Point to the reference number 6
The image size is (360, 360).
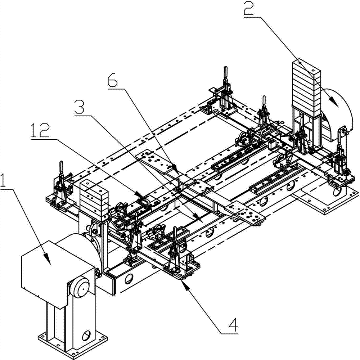[x=112, y=79]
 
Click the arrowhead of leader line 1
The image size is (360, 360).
[x=49, y=262]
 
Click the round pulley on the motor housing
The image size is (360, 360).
[x=81, y=288]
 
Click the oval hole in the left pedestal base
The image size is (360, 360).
[x=86, y=336]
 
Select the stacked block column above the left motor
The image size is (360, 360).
[x=94, y=198]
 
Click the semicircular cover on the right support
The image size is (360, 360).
[x=338, y=115]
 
